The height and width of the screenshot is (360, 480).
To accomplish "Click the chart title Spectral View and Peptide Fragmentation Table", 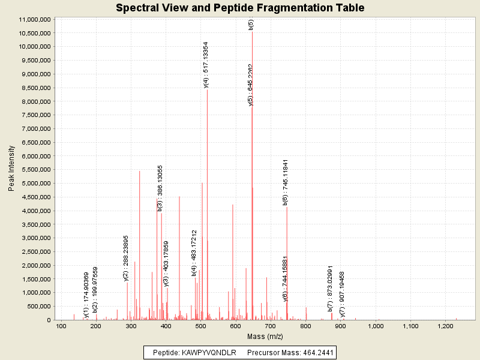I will pos(240,8).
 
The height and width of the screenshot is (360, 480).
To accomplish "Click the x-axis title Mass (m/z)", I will pos(265,336).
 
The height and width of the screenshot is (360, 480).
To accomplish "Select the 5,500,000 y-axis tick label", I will pos(34,170).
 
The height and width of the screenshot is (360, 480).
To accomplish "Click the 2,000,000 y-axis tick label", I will pos(34,265).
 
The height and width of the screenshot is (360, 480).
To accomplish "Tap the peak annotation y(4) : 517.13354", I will pos(206,65).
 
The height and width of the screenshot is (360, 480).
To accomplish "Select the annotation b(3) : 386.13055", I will pos(160,188).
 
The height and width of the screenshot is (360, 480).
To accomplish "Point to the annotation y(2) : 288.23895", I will pos(126,258).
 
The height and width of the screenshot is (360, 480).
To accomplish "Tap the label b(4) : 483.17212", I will pos(194,252).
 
